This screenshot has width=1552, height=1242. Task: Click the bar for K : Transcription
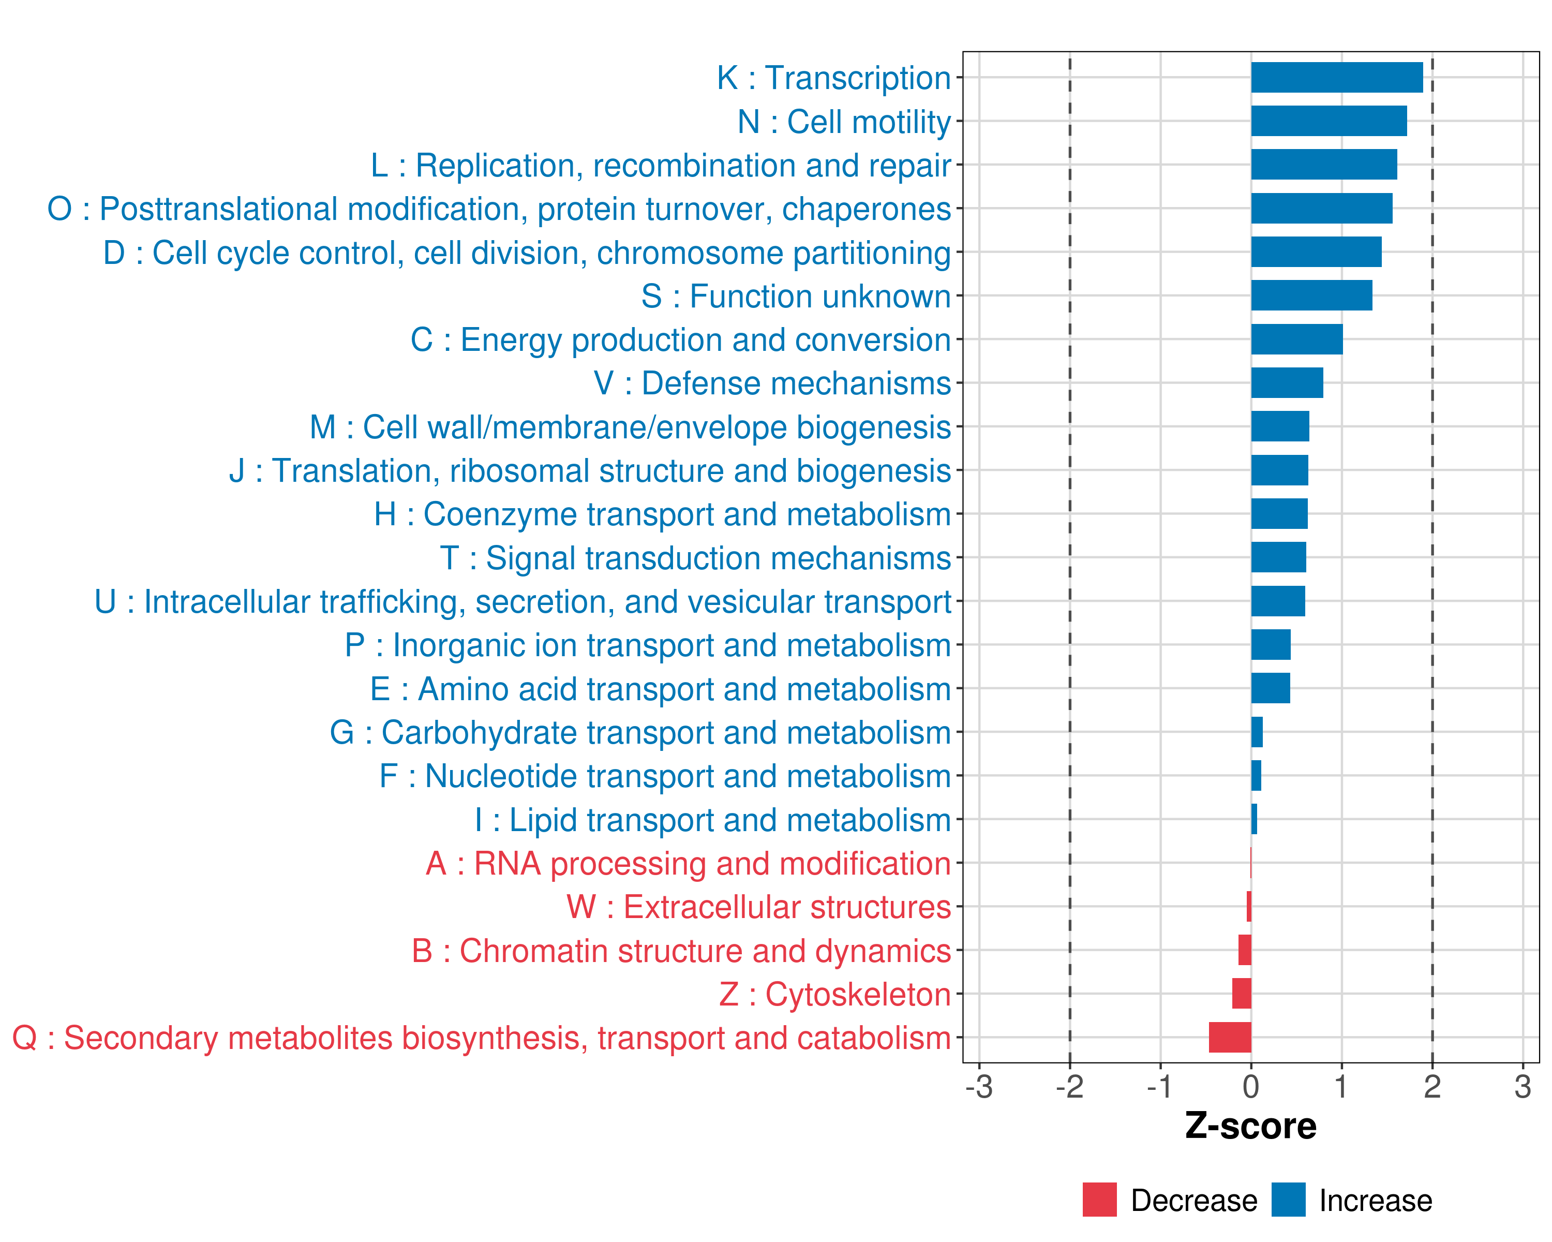1337,78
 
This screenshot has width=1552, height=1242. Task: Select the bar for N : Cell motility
1329,121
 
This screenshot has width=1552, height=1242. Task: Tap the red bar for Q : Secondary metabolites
1230,1038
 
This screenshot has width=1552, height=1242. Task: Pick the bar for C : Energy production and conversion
1296,339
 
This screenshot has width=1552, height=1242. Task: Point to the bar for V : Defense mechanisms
1287,383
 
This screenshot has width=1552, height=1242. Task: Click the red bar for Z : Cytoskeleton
1242,994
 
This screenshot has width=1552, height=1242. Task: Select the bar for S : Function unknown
1311,295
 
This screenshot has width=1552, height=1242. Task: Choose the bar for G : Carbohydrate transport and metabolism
1257,732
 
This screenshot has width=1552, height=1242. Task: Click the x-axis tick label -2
1070,1086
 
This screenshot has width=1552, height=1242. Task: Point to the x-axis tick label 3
1523,1086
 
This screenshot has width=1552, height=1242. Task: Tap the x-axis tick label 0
1251,1086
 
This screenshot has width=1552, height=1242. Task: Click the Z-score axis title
1251,1126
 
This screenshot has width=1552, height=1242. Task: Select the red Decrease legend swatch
1099,1200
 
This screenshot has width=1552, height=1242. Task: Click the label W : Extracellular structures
759,907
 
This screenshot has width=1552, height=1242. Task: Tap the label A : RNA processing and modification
688,863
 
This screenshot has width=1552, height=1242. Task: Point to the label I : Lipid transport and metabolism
713,819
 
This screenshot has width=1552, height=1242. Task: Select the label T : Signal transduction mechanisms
695,558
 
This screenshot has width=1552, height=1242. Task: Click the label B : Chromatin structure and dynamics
681,951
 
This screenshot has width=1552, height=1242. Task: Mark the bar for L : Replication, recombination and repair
1324,165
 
